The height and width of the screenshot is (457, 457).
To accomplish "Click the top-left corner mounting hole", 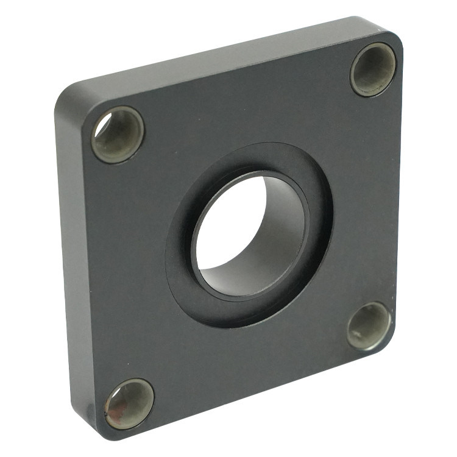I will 118,135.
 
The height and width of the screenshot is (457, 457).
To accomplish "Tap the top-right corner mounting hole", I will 373,69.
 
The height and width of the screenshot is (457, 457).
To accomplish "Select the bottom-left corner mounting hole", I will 129,404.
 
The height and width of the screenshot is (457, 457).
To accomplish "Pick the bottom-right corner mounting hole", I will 369,327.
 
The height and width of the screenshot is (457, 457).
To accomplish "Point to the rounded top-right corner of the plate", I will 393,34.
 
